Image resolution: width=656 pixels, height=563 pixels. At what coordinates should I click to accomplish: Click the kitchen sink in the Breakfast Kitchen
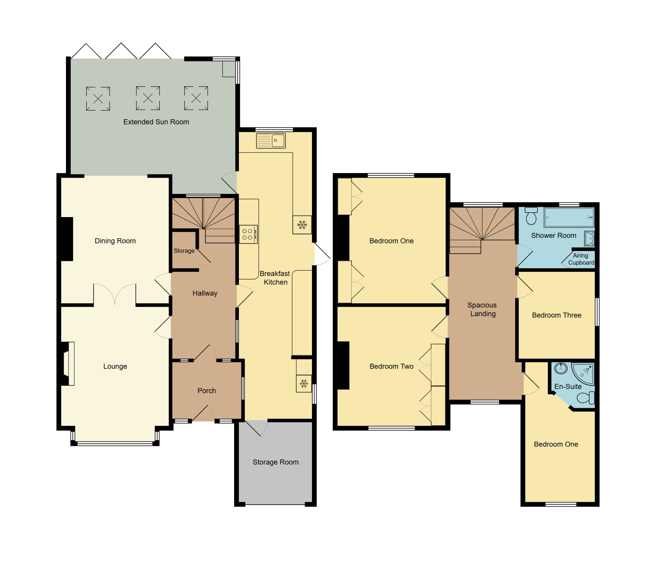tap(271, 141)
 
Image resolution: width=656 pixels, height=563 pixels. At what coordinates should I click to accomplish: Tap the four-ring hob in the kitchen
tap(248, 234)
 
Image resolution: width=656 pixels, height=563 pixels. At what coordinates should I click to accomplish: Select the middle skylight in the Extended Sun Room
tap(148, 98)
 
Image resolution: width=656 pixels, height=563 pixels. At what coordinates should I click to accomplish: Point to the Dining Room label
tap(115, 241)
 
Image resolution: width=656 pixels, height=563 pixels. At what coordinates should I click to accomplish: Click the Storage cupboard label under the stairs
tap(184, 251)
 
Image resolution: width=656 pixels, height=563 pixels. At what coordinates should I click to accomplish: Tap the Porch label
tap(207, 391)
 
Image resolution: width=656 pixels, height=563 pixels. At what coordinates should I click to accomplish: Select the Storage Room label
tap(275, 462)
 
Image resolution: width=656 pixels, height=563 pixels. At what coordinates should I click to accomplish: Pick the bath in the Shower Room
tap(569, 217)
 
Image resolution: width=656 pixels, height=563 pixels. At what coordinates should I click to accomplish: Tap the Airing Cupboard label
tap(581, 259)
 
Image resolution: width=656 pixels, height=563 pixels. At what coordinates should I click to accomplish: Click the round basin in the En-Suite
tap(561, 368)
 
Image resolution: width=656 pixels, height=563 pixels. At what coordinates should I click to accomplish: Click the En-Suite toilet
tap(585, 398)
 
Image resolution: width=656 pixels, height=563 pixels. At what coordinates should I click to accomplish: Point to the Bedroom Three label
tap(556, 315)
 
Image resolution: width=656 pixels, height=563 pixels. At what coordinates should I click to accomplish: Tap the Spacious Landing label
tap(482, 309)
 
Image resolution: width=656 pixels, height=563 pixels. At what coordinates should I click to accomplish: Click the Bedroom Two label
tap(391, 366)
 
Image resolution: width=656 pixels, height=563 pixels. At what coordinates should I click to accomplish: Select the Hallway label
tap(205, 293)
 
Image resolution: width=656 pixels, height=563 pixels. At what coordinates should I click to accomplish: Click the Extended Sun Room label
tap(156, 122)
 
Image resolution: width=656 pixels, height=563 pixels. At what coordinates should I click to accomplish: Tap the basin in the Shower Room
tap(589, 238)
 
